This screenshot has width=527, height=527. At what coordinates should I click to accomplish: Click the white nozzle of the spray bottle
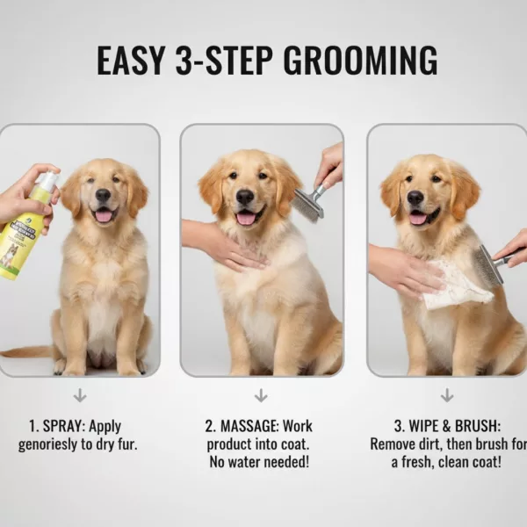point(47,182)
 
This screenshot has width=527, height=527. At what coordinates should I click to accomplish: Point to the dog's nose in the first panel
point(104,195)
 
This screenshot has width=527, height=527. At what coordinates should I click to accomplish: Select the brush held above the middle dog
point(308,203)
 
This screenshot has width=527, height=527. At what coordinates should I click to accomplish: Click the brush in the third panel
point(491,263)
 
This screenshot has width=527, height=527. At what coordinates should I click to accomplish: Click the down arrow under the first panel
point(80,395)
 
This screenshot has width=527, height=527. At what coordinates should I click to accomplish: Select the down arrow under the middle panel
point(259,395)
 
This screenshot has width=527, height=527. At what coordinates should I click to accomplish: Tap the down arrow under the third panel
point(446,395)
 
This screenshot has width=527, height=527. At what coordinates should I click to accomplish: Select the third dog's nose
point(415,197)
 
